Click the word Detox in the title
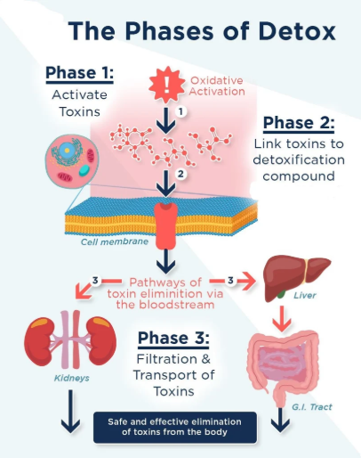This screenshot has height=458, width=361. click(297, 31)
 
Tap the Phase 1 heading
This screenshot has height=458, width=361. click(79, 73)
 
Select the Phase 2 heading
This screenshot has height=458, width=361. click(299, 123)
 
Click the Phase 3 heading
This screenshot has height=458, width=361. click(173, 338)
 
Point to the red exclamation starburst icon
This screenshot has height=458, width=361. click(166, 85)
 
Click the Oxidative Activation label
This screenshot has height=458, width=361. click(217, 86)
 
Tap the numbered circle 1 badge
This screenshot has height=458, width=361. click(180, 111)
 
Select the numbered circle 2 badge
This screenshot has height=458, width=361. click(180, 174)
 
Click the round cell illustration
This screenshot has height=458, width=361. click(72, 161)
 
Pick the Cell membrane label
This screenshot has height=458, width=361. click(115, 241)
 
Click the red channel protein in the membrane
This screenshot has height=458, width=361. click(165, 225)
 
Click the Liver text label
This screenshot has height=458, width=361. click(305, 295)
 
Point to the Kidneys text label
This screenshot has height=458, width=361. click(72, 378)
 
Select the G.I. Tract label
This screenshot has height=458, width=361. click(312, 406)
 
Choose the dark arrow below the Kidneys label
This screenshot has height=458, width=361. click(70, 412)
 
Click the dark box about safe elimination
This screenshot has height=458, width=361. click(175, 427)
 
